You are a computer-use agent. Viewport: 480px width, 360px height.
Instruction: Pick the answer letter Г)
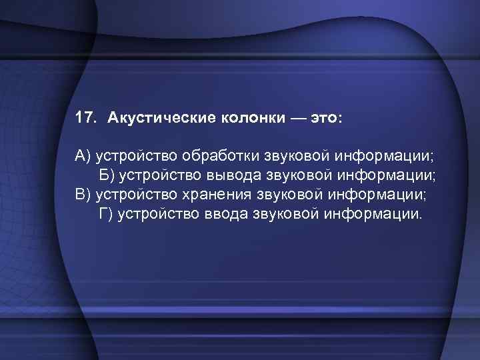point(106,215)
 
